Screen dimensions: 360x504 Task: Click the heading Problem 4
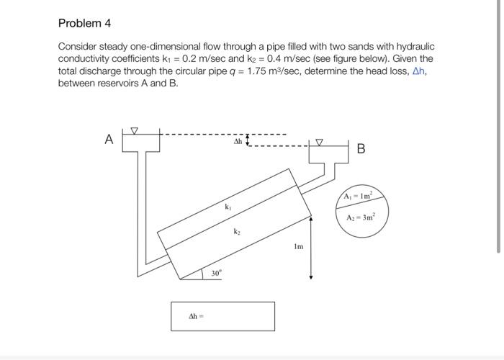pyautogui.click(x=84, y=24)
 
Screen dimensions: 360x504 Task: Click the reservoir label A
pyautogui.click(x=109, y=140)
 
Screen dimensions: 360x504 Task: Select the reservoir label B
pyautogui.click(x=361, y=150)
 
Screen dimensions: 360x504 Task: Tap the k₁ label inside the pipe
pyautogui.click(x=228, y=206)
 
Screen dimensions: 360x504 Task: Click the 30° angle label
pyautogui.click(x=216, y=273)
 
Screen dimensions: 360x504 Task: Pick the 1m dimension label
pyautogui.click(x=298, y=246)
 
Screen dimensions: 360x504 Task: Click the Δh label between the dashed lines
pyautogui.click(x=237, y=142)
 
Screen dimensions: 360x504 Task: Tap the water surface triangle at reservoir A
pyautogui.click(x=132, y=131)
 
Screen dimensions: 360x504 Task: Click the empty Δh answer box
pyautogui.click(x=222, y=316)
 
